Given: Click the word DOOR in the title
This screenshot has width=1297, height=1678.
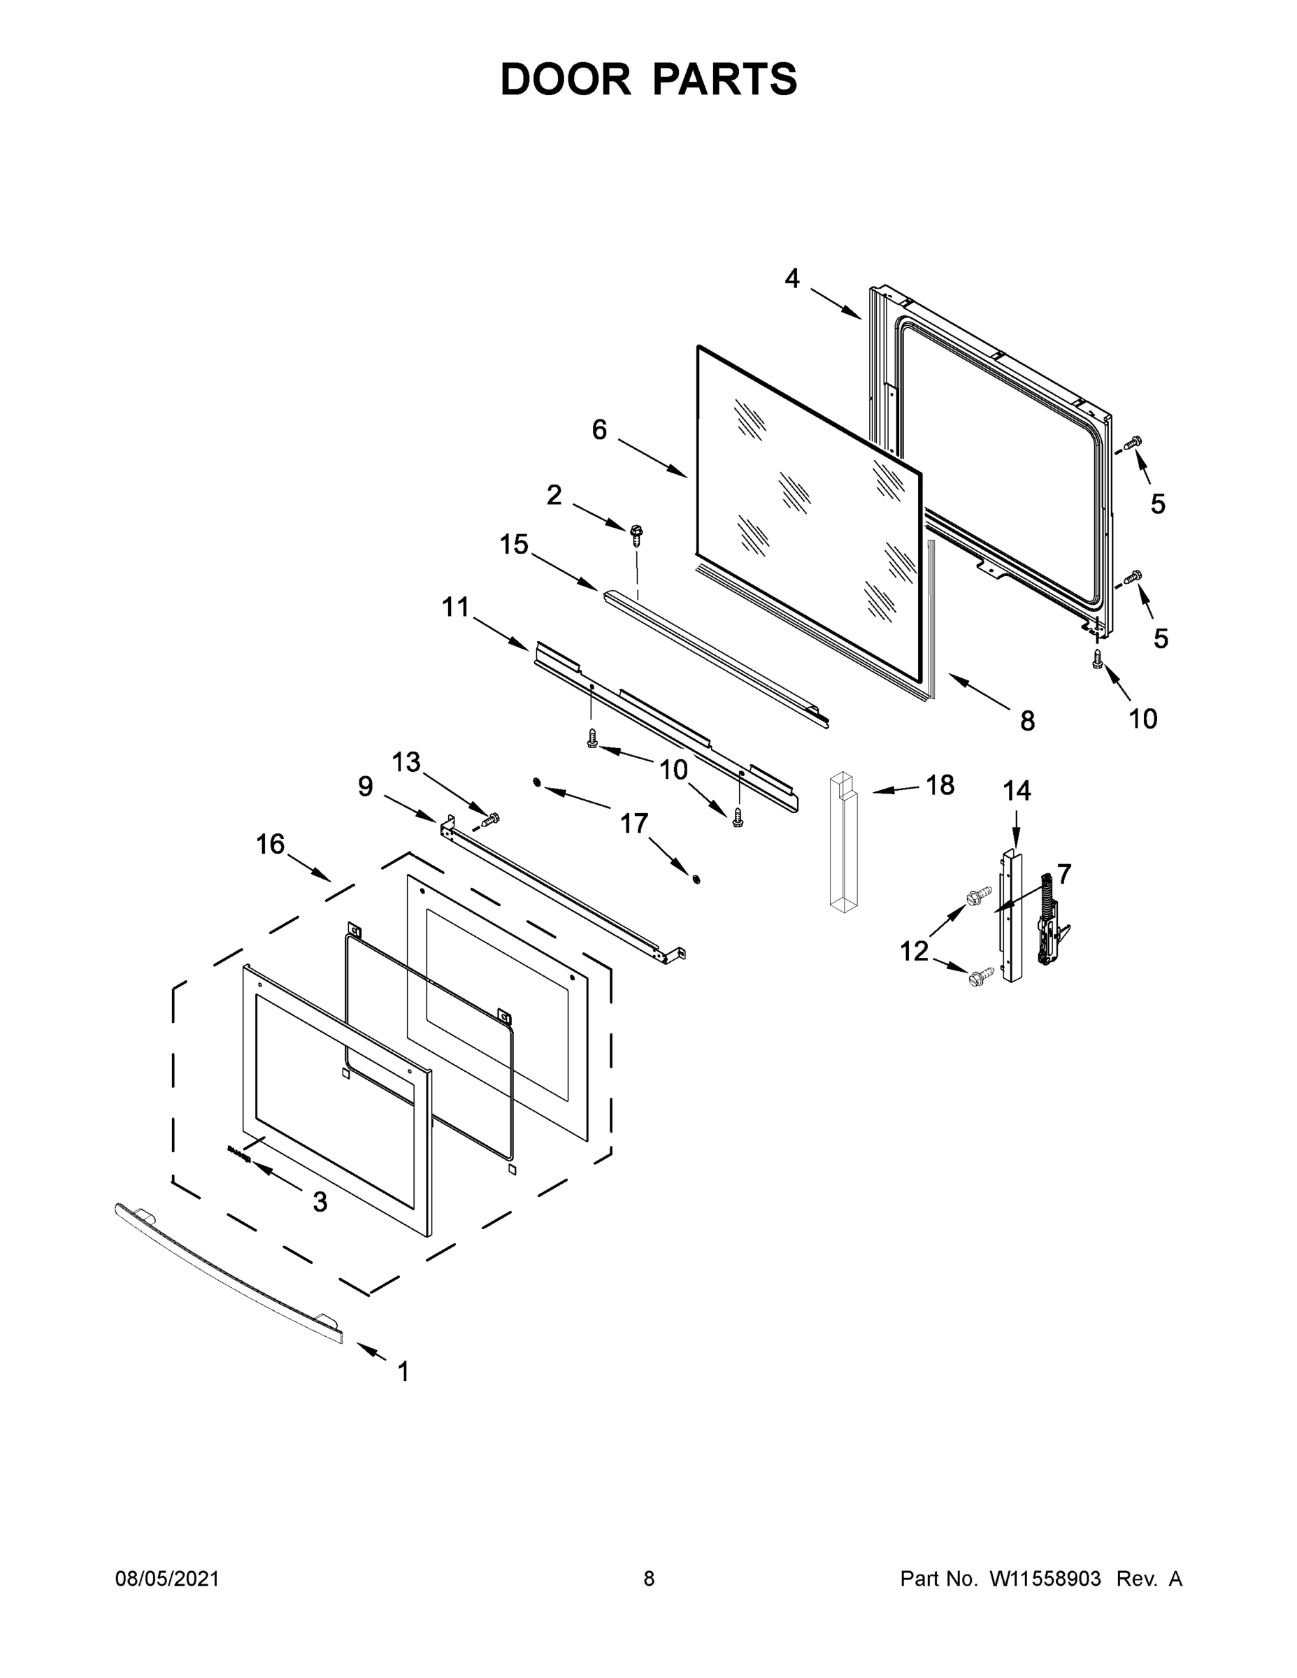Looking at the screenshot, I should point(565,79).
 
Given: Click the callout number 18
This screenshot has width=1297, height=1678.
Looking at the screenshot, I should point(940,784).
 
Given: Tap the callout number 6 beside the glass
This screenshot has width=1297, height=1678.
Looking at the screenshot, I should point(599,429).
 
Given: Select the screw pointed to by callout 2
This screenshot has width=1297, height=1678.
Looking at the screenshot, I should point(636,534).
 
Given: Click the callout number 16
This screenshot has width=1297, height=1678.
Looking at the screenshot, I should point(271,845).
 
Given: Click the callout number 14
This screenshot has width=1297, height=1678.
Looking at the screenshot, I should point(1017,791).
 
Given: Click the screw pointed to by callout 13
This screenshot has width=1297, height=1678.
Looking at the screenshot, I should point(489,820).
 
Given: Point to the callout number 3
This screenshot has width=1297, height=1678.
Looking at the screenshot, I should point(320,1203).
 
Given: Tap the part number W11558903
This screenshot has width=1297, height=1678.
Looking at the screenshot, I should point(1044,1579).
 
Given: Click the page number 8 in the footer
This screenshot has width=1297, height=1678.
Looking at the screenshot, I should point(649,1579).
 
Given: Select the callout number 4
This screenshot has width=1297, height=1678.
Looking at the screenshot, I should point(792,278).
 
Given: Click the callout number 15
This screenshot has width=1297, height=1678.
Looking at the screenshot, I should point(514,545).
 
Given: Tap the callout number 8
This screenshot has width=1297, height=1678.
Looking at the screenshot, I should point(1027,721).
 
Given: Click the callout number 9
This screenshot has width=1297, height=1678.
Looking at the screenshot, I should point(365,786).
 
